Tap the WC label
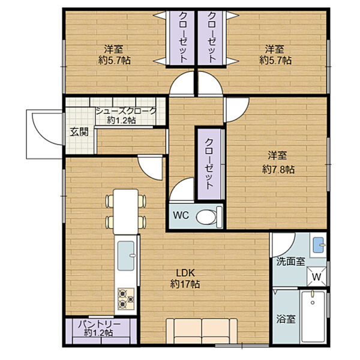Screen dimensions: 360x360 click(x=181, y=215)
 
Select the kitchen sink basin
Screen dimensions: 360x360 click(x=126, y=256)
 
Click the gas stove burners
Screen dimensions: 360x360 click(x=126, y=298)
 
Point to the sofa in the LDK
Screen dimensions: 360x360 click(x=202, y=331)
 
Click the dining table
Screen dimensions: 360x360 click(x=126, y=211)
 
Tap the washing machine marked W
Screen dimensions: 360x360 click(x=317, y=277)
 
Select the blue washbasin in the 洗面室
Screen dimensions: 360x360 click(x=319, y=245)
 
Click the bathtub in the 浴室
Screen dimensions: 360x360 click(x=313, y=316)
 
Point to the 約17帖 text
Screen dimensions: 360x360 click(x=185, y=284)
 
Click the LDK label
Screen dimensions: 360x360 click(x=185, y=273)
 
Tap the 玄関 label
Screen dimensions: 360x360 click(x=79, y=132)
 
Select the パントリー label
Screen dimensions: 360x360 click(x=99, y=325)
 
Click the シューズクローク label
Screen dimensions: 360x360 click(x=126, y=111)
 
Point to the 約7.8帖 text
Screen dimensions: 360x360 click(x=278, y=170)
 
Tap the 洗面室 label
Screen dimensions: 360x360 click(x=290, y=262)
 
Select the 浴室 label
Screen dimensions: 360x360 click(x=286, y=319)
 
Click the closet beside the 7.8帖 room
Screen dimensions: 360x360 click(x=209, y=164)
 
